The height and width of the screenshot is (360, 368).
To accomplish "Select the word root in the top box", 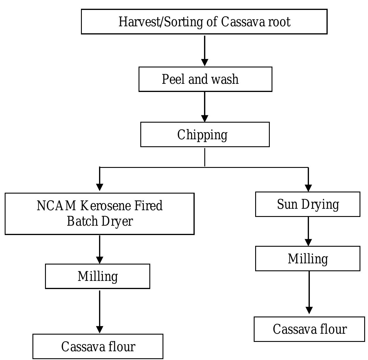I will (x=279, y=22).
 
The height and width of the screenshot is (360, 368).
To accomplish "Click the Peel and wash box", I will (x=205, y=79).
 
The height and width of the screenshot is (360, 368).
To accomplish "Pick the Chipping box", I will (x=205, y=135).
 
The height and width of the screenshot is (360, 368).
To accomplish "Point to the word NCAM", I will (x=56, y=206).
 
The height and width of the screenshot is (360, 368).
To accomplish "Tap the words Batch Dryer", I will (x=100, y=221).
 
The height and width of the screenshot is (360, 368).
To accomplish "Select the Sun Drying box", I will (x=307, y=204).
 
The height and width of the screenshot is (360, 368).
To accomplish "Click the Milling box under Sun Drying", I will (x=307, y=259).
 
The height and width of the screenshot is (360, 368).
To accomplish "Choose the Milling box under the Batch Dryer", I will (x=97, y=276).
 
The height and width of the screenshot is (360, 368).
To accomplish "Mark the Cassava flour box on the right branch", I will (x=309, y=329).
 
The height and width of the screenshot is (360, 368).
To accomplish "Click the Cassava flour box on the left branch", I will (x=98, y=347).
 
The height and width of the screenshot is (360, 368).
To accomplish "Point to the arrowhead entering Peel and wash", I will (x=205, y=62).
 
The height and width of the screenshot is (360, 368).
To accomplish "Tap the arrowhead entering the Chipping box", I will (x=205, y=118).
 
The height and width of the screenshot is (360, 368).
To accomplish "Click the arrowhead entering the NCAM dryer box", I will (x=100, y=187).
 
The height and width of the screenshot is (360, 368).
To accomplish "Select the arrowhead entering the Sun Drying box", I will (x=308, y=188).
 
